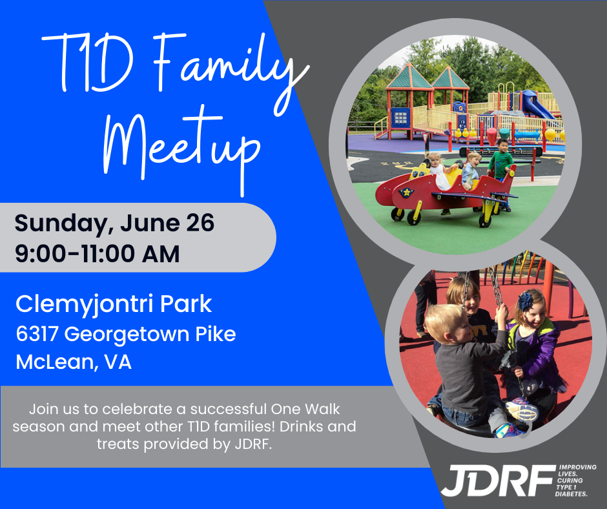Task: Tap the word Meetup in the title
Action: pos(181,149)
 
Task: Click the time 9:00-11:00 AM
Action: pos(97,254)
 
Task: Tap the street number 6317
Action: pos(37,334)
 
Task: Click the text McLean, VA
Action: pos(74,362)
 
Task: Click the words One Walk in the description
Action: pos(305,409)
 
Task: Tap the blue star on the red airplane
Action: pos(406,192)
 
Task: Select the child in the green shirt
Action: pos(500,161)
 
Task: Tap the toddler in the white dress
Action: pos(439,171)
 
